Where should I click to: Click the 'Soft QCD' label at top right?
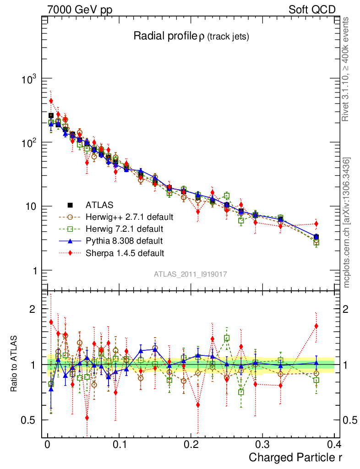pyautogui.click(x=312, y=10)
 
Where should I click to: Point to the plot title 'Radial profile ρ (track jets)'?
pyautogui.click(x=191, y=37)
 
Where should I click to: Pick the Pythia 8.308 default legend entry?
pyautogui.click(x=117, y=240)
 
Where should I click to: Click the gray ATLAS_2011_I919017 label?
pyautogui.click(x=191, y=274)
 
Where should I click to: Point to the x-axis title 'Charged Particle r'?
pyautogui.click(x=295, y=457)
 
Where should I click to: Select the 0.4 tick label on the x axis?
pyautogui.click(x=334, y=444)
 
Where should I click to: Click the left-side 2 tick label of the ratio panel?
pyautogui.click(x=33, y=309)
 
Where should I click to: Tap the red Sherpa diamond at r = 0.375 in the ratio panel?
pyautogui.click(x=316, y=326)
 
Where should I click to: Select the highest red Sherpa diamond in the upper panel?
pyautogui.click(x=51, y=101)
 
